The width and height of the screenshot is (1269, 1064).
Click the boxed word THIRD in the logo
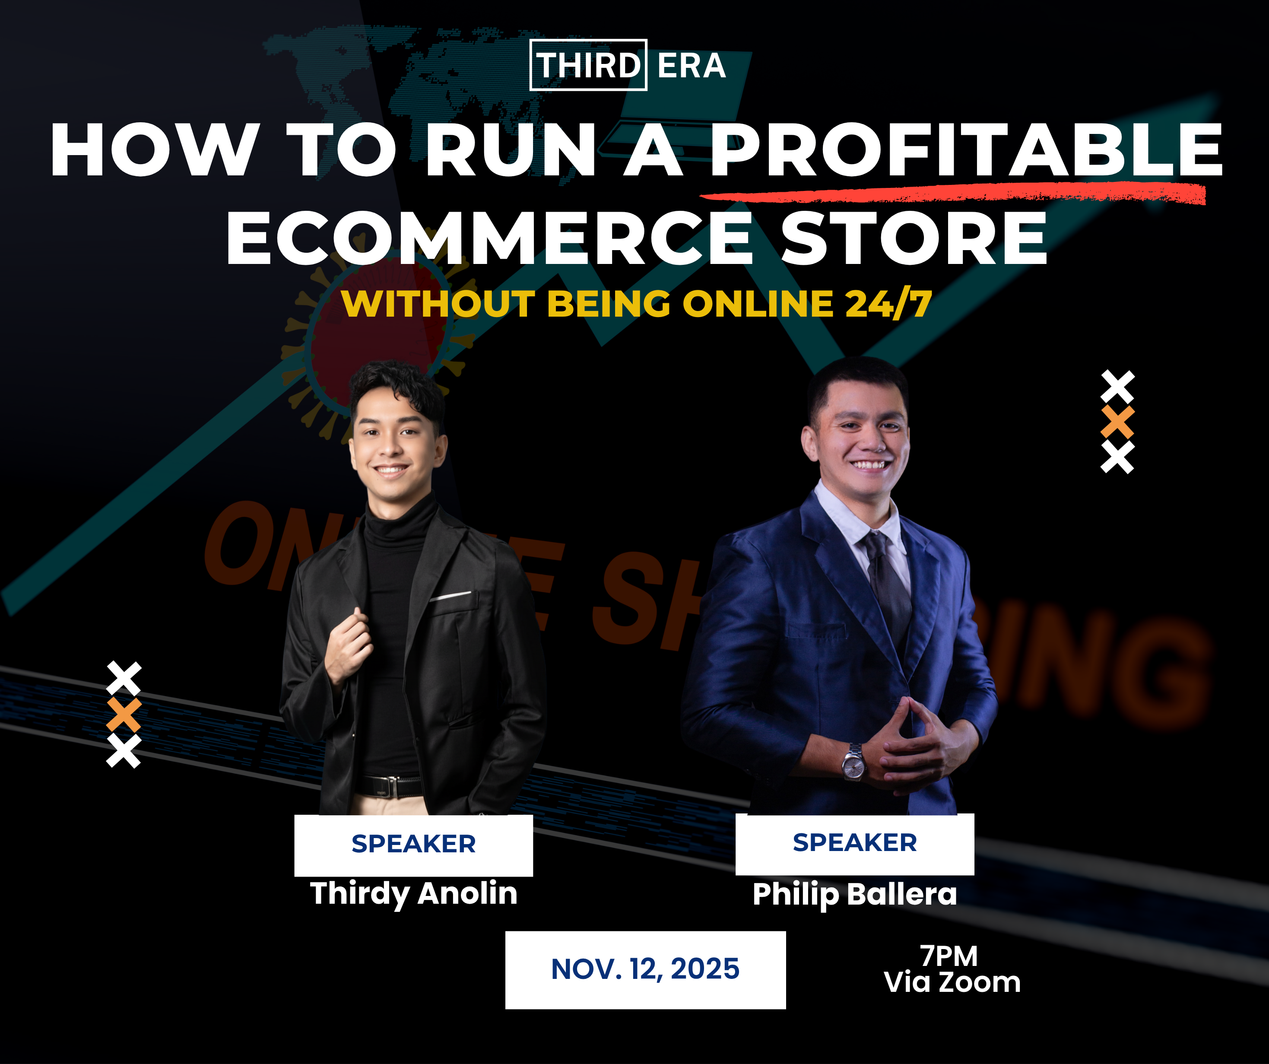coord(588,65)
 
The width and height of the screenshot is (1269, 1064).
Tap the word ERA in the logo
coord(692,65)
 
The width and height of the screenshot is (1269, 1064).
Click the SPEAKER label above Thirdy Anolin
coord(414,844)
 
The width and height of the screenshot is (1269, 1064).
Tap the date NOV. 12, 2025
coord(645,969)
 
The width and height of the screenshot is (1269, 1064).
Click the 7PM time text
coord(949,956)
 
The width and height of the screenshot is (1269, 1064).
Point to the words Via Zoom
coord(952,982)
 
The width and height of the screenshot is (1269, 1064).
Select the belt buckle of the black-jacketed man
coord(393,787)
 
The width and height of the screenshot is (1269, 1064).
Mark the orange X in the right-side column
coord(1117,422)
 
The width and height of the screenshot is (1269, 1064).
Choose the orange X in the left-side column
coord(124,715)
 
